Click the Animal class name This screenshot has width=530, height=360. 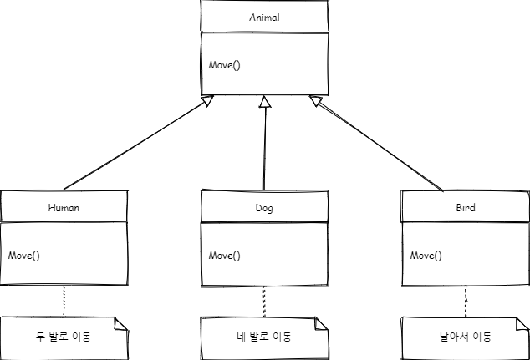pyautogui.click(x=264, y=18)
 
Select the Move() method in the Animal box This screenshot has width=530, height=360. pyautogui.click(x=224, y=65)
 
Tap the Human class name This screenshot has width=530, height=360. pyautogui.click(x=64, y=208)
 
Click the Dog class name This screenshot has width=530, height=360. pyautogui.click(x=264, y=208)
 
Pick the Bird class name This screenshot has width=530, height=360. pyautogui.click(x=466, y=208)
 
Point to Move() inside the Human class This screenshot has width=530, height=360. pyautogui.click(x=23, y=255)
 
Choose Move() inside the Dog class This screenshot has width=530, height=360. pyautogui.click(x=224, y=255)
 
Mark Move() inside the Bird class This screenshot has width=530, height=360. pyautogui.click(x=426, y=255)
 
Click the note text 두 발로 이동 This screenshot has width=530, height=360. pyautogui.click(x=64, y=337)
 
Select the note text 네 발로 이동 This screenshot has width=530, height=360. pyautogui.click(x=264, y=337)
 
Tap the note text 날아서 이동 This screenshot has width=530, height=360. pyautogui.click(x=466, y=337)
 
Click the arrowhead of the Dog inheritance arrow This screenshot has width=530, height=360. pyautogui.click(x=265, y=102)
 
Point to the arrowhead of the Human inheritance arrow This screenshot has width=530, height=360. pyautogui.click(x=208, y=101)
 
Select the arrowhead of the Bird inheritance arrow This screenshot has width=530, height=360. pyautogui.click(x=316, y=101)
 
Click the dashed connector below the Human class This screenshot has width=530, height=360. pyautogui.click(x=64, y=302)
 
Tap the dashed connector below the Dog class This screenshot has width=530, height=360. pyautogui.click(x=265, y=302)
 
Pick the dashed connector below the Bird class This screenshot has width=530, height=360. pyautogui.click(x=466, y=302)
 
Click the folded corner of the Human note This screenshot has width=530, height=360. pyautogui.click(x=121, y=322)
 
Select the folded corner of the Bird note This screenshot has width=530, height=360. pyautogui.click(x=522, y=322)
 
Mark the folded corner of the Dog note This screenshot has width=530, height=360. pyautogui.click(x=322, y=322)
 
